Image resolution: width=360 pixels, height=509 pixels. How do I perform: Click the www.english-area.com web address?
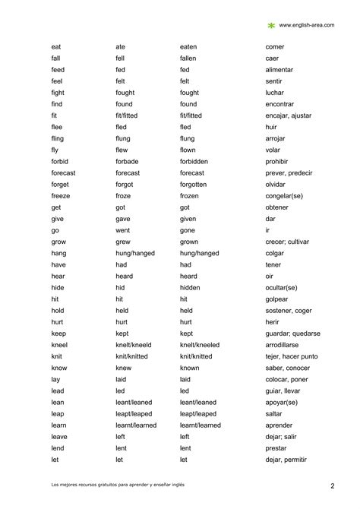pyautogui.click(x=308, y=25)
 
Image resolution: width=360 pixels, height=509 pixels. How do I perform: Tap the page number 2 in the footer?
pyautogui.click(x=333, y=485)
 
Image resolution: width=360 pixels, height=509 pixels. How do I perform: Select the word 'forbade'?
pyautogui.click(x=127, y=162)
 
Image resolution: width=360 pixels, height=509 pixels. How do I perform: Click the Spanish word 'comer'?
pyautogui.click(x=275, y=47)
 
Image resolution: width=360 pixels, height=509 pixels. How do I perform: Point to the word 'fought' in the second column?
pyautogui.click(x=125, y=93)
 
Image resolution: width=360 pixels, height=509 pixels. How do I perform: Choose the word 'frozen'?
pyautogui.click(x=190, y=196)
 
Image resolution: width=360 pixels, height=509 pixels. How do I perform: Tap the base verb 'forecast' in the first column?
pyautogui.click(x=63, y=173)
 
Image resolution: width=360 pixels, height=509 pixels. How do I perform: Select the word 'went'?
pyautogui.click(x=122, y=230)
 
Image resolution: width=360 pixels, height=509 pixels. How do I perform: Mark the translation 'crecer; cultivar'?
pyautogui.click(x=292, y=242)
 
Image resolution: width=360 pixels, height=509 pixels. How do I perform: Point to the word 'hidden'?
pyautogui.click(x=191, y=288)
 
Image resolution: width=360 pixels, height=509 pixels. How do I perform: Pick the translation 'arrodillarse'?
pyautogui.click(x=286, y=345)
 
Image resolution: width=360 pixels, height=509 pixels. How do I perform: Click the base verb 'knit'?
pyautogui.click(x=57, y=356)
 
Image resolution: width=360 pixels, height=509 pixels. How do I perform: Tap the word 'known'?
pyautogui.click(x=190, y=368)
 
